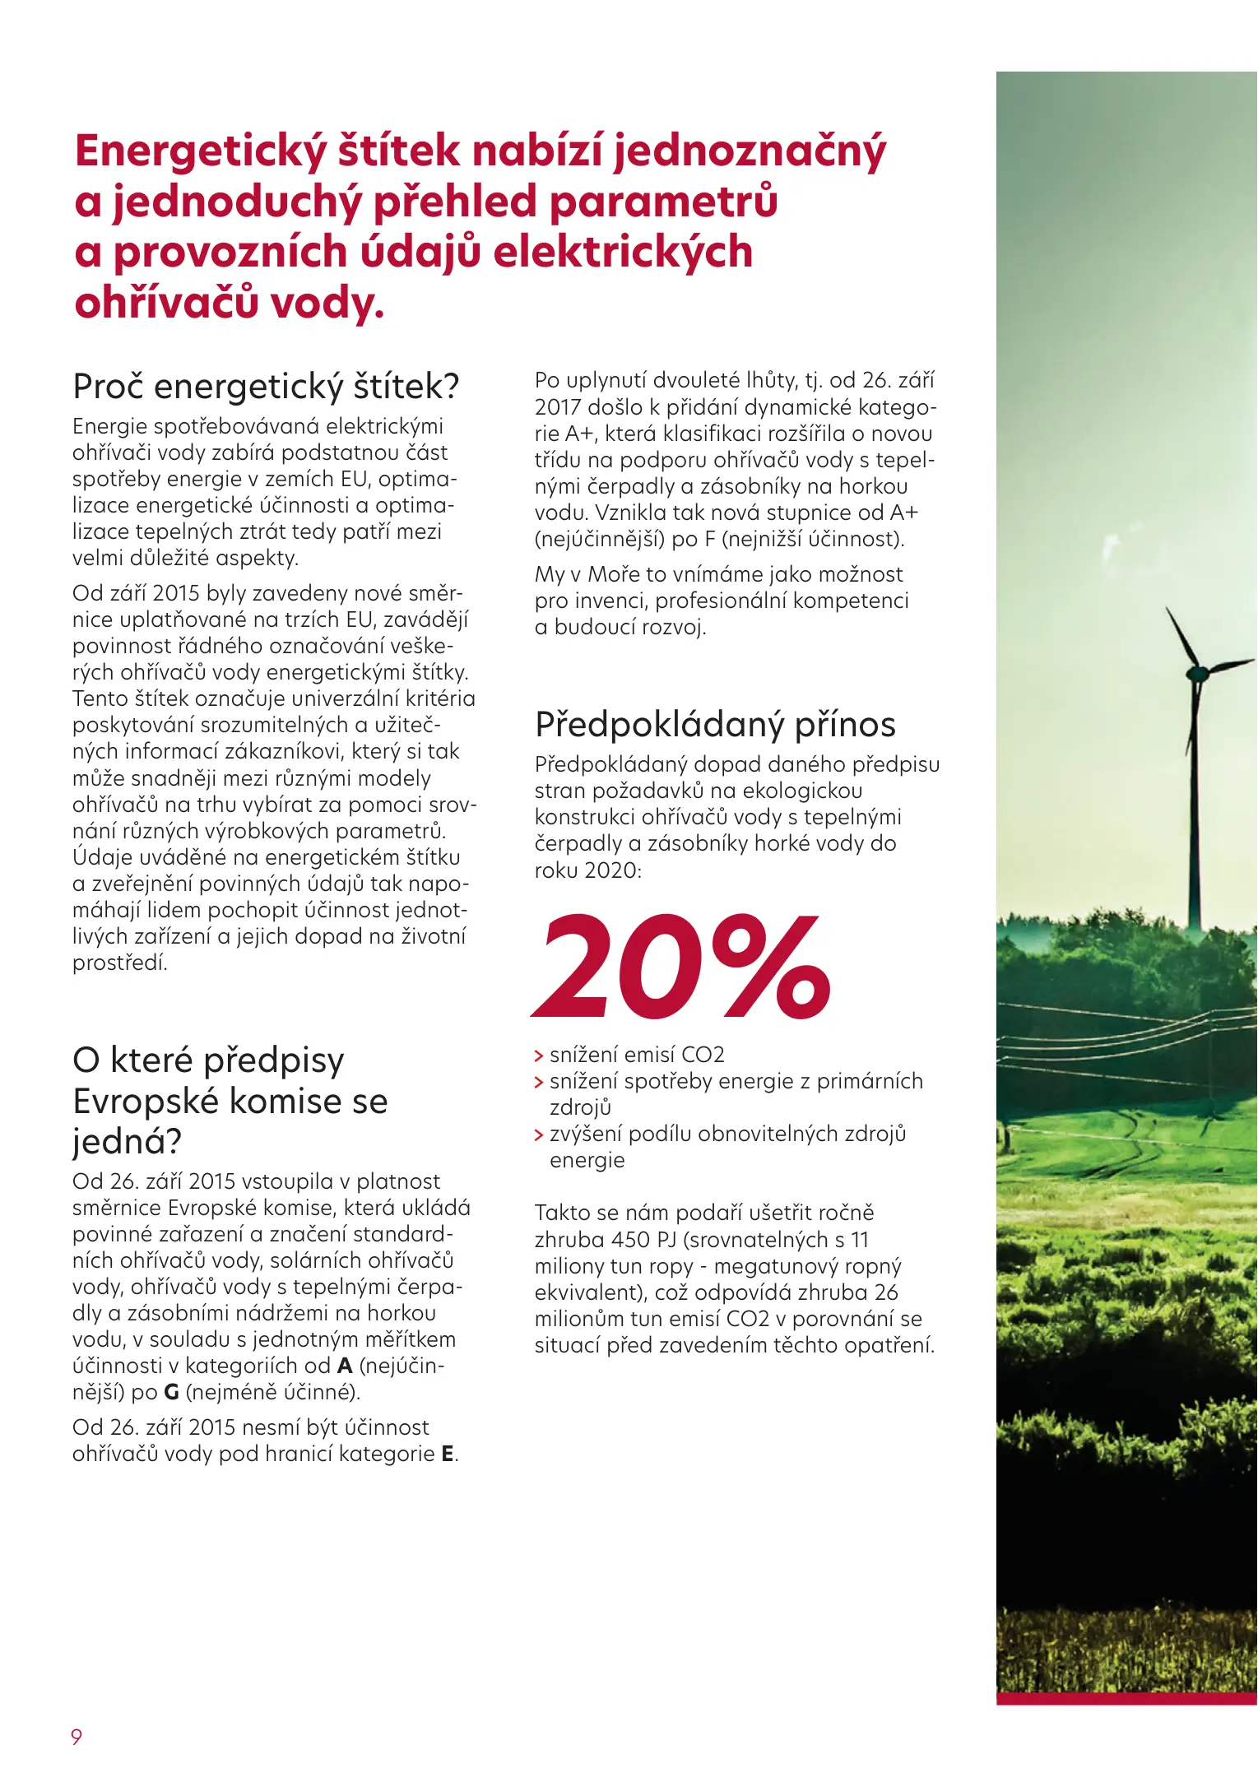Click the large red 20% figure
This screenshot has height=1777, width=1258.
(x=681, y=967)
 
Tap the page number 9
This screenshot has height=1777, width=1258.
(x=77, y=1736)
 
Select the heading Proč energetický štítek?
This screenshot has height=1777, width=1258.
(x=265, y=386)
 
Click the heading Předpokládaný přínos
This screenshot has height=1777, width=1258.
(x=714, y=725)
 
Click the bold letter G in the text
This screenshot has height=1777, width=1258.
(x=171, y=1392)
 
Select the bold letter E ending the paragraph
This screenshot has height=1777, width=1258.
(x=448, y=1454)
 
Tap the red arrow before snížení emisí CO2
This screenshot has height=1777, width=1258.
(x=539, y=1056)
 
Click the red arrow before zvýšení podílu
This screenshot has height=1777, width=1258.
(x=539, y=1135)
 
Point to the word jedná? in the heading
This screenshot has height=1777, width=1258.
(x=127, y=1141)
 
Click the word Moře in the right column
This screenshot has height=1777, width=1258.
(x=613, y=574)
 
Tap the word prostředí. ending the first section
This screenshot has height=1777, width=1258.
(x=120, y=963)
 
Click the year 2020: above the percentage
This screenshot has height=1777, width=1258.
(x=612, y=870)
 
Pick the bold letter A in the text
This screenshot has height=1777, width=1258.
(x=345, y=1366)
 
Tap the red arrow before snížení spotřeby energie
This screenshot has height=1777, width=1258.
(x=539, y=1083)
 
